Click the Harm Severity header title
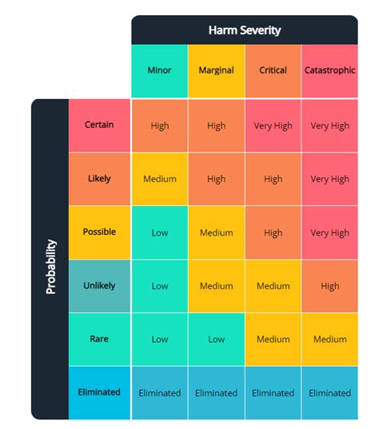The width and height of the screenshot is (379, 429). point(245,30)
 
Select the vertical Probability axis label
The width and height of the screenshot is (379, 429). point(50,267)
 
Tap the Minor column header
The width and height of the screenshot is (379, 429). point(159,70)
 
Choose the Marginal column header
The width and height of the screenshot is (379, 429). point(216,70)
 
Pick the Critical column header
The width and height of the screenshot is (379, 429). point(273,70)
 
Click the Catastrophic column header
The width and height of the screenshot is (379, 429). point(329,70)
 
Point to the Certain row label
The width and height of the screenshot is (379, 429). point(99,125)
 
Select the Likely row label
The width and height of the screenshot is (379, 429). point(99,178)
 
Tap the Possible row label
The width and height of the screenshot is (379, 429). point(99,232)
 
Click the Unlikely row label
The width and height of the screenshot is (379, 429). point(99,285)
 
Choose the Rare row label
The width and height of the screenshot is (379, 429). point(99,339)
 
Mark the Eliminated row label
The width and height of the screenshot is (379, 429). point(99,392)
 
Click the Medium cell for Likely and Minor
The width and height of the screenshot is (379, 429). point(159,179)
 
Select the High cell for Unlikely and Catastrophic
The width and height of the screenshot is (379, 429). point(329,286)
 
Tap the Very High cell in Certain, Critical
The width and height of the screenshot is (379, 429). point(273,125)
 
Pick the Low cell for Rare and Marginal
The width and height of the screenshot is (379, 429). point(216,340)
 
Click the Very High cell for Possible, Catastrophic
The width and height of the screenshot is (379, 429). point(329,233)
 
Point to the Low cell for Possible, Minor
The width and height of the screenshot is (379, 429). point(159,232)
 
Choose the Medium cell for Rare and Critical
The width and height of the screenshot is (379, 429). point(273,340)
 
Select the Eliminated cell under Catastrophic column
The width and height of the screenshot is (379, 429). point(329,393)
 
